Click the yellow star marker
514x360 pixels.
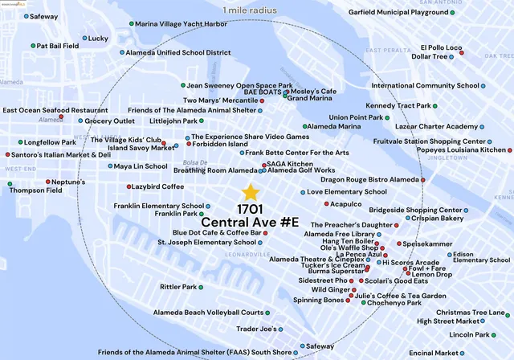pyautogui.click(x=251, y=193)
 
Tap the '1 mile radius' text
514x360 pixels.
pyautogui.click(x=255, y=9)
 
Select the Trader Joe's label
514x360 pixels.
pyautogui.click(x=256, y=329)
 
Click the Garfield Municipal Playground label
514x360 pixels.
pyautogui.click(x=410, y=13)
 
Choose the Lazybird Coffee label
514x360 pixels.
pyautogui.click(x=160, y=186)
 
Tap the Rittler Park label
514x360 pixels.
pyautogui.click(x=178, y=287)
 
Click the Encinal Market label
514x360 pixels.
pyautogui.click(x=433, y=353)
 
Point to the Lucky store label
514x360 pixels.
pyautogui.click(x=97, y=38)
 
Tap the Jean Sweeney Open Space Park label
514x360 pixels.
pyautogui.click(x=239, y=85)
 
